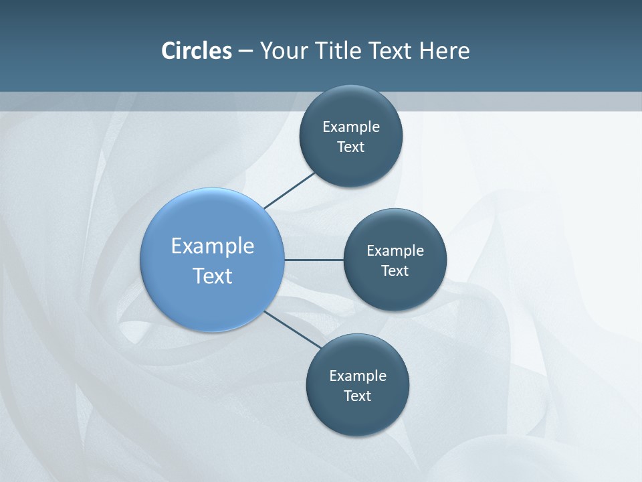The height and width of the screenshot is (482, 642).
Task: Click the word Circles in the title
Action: [197, 51]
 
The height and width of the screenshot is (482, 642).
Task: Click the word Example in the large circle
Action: [213, 246]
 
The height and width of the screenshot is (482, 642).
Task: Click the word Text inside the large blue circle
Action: [213, 276]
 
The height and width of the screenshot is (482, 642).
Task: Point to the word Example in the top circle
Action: [351, 127]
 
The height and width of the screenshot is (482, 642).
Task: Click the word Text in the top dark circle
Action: [350, 147]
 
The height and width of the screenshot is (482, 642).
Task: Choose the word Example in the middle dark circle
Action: [395, 251]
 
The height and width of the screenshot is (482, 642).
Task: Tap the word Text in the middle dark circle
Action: [395, 271]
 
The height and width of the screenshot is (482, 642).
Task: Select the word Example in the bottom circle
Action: [358, 376]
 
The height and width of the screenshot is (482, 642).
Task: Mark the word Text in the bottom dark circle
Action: [357, 396]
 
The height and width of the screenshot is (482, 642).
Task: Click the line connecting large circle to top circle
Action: [289, 191]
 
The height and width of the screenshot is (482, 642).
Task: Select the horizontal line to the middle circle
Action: [314, 260]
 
